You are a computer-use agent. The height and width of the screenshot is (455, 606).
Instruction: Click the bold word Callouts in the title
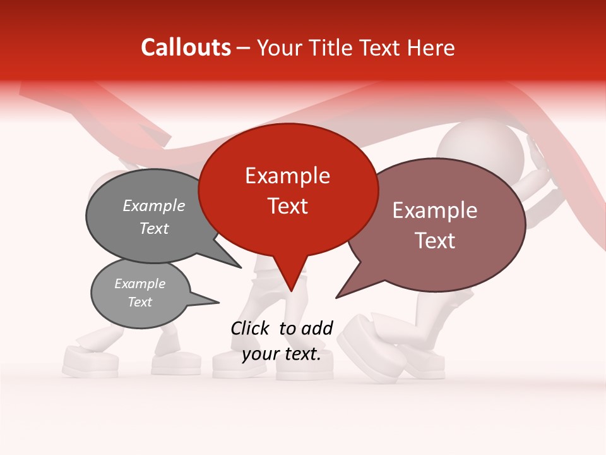click(186, 47)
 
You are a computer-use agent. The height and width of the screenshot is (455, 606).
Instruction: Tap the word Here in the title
click(430, 48)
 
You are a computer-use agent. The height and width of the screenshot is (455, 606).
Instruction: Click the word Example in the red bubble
click(287, 176)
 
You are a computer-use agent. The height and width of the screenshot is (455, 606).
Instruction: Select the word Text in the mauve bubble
click(435, 241)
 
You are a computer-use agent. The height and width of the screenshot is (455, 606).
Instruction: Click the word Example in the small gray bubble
click(140, 284)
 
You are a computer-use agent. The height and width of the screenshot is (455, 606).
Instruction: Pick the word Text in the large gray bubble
click(153, 228)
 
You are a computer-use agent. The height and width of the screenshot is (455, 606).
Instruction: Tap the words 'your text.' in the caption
click(282, 354)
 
